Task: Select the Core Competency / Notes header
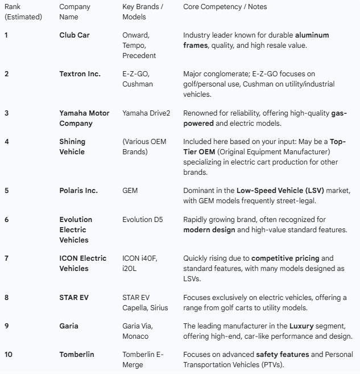[225, 6]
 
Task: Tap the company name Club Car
[75, 35]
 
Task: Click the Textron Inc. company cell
[80, 73]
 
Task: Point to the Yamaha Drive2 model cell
[146, 113]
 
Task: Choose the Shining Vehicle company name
[72, 146]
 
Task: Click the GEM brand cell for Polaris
[130, 190]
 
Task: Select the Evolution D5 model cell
[145, 219]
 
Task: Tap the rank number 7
[7, 258]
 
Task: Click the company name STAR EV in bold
[74, 297]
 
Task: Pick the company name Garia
[69, 326]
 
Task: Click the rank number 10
[9, 354]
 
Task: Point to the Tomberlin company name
[77, 354]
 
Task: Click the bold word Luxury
[301, 326]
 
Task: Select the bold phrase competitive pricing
[283, 258]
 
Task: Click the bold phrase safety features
[283, 354]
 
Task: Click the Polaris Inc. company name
[78, 190]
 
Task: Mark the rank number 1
[7, 35]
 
